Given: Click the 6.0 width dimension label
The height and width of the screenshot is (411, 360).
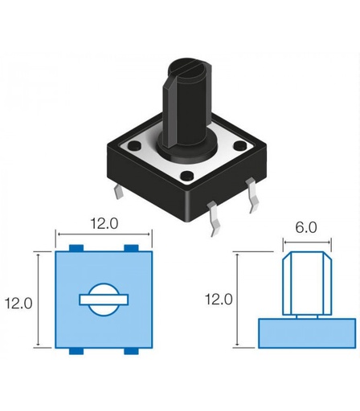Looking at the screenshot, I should (x=306, y=227).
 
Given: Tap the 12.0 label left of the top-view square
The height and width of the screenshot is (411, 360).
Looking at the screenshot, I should (x=18, y=303).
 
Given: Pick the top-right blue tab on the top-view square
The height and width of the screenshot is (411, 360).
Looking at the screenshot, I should (x=131, y=246).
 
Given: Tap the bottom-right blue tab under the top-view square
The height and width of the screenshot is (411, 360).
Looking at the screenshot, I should (x=131, y=352).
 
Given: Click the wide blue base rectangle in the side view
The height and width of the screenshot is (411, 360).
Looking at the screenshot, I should (x=306, y=332).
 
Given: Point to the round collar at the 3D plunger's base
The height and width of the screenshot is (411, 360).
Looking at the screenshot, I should (x=186, y=147).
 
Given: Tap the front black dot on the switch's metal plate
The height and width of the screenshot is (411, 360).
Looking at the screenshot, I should (x=186, y=176).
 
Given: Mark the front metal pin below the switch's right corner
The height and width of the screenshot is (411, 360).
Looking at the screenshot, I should (x=215, y=218).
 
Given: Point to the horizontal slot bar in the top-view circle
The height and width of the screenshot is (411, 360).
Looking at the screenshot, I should (x=104, y=299).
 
